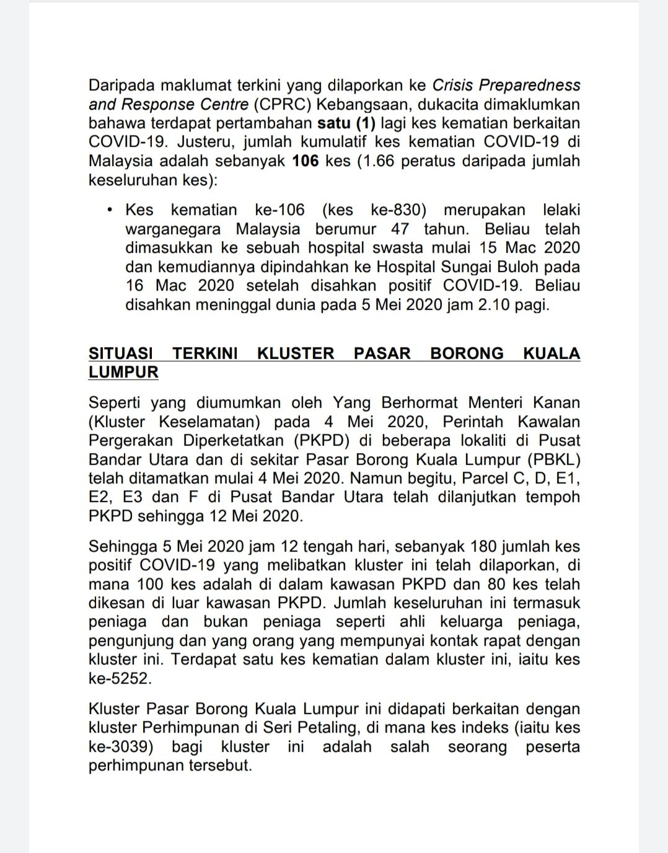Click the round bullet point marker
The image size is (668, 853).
[110, 210]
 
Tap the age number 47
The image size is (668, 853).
[400, 229]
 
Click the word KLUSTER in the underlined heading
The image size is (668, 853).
[296, 353]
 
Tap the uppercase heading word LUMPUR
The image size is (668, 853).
[123, 372]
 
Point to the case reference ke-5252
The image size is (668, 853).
[119, 678]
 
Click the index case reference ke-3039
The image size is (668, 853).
[120, 746]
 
